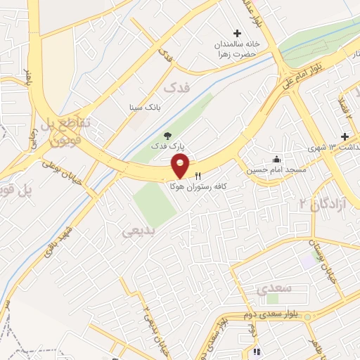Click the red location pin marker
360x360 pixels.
pyautogui.click(x=181, y=166)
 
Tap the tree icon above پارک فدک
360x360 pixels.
pyautogui.click(x=167, y=135)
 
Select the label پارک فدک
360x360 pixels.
pyautogui.click(x=168, y=146)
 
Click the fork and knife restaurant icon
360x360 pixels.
pyautogui.click(x=198, y=175)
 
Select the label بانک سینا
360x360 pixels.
pyautogui.click(x=145, y=108)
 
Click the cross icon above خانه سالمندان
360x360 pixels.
pyautogui.click(x=238, y=32)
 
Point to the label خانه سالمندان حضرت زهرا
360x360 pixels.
pyautogui.click(x=238, y=48)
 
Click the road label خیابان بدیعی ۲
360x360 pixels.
pyautogui.click(x=147, y=320)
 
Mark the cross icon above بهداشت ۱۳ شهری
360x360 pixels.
pyautogui.click(x=345, y=136)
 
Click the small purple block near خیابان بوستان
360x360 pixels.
pyautogui.click(x=307, y=260)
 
